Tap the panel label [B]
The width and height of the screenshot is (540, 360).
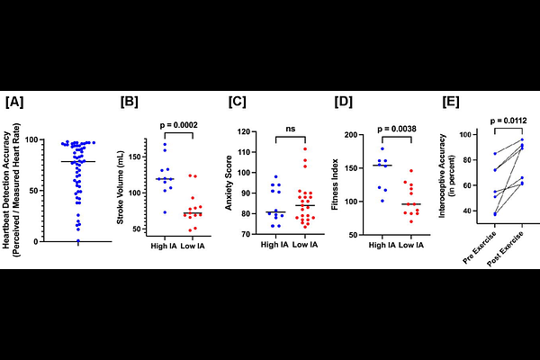coord(129,101)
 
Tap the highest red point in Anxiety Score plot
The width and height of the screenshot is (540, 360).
coord(306,149)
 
